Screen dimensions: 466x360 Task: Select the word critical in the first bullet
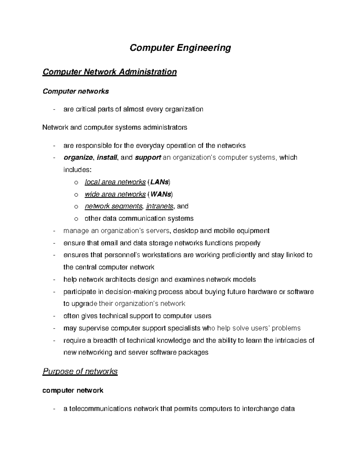[85, 109]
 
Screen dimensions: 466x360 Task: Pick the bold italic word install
[107, 158]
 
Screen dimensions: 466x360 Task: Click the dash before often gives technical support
[54, 316]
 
